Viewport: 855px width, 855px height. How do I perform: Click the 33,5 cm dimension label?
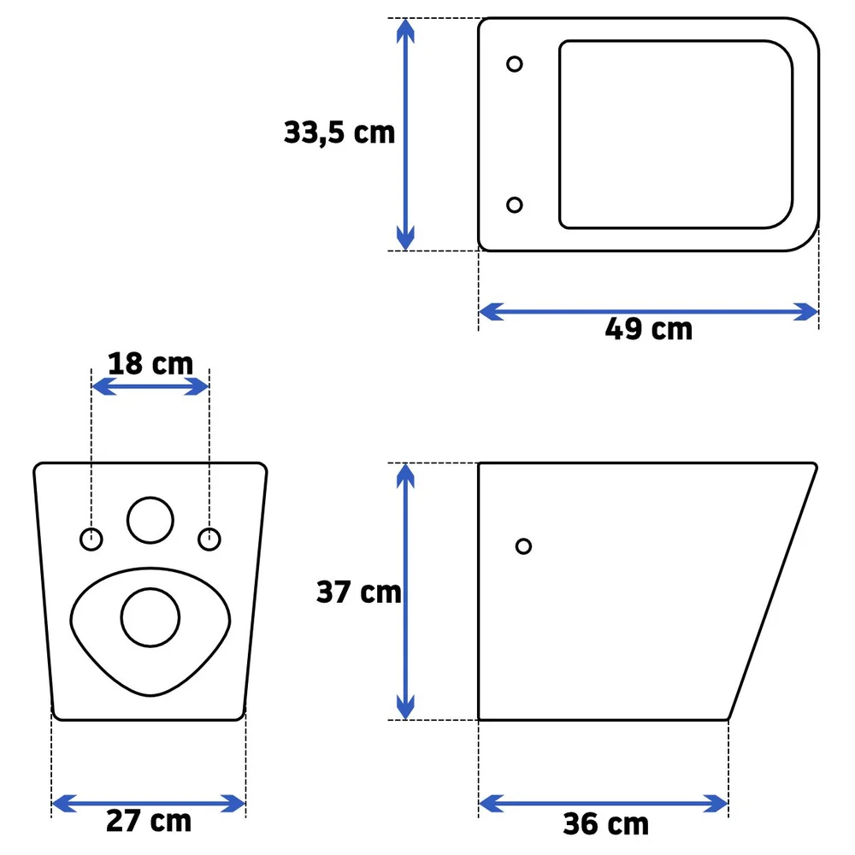point(339,133)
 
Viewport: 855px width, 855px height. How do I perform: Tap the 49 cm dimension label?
point(648,329)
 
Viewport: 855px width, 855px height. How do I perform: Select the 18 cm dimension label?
point(150,363)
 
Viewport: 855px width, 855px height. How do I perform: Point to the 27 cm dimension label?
point(149,821)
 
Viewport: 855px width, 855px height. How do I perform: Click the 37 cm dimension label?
point(359,592)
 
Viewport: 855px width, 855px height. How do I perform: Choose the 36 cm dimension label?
point(606,823)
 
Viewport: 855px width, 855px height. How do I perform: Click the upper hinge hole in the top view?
point(514,64)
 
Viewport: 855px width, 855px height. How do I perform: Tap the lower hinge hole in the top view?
point(514,204)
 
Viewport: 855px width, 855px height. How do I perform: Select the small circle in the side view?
point(523,545)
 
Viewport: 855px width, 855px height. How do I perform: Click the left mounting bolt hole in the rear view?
point(91,540)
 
